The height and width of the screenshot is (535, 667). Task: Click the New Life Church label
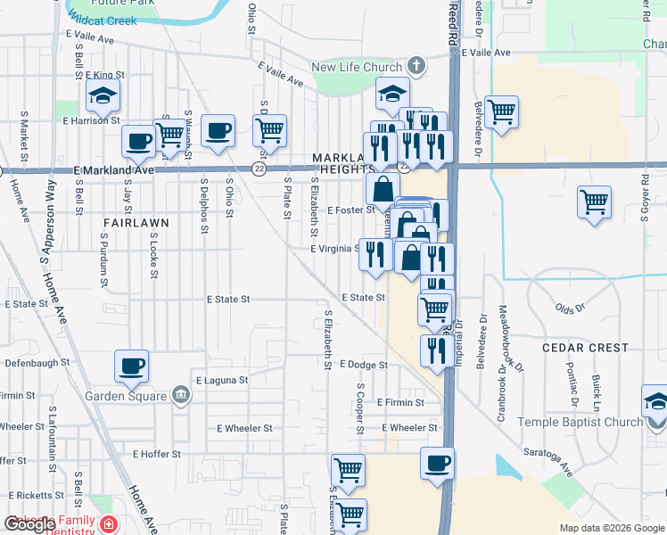[357, 68]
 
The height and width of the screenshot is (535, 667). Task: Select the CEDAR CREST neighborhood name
[589, 348]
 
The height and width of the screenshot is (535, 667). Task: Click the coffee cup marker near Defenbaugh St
[132, 366]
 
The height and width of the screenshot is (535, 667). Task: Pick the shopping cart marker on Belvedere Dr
[502, 112]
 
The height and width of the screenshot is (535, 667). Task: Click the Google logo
[29, 524]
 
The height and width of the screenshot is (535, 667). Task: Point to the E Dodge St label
[363, 365]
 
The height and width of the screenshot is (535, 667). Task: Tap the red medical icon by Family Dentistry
[109, 523]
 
